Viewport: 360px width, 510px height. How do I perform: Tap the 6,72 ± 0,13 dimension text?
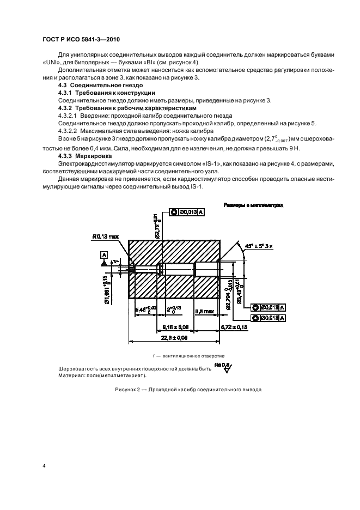pyautogui.click(x=233, y=326)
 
